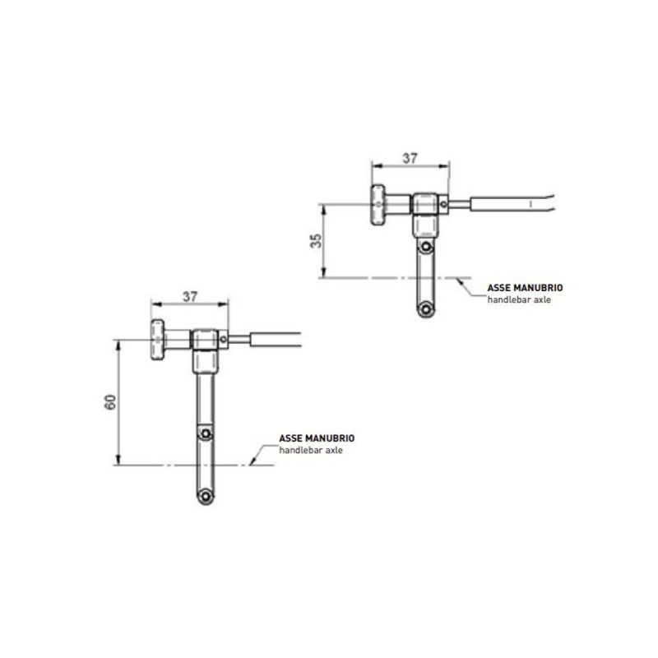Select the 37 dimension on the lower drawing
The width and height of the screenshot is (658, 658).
click(x=190, y=297)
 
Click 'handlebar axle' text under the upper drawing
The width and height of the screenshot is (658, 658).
click(x=519, y=300)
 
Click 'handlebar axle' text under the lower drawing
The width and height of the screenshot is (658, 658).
click(x=311, y=452)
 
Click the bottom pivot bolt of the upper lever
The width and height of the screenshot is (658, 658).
click(x=425, y=308)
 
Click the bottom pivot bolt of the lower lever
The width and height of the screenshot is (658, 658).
click(x=206, y=495)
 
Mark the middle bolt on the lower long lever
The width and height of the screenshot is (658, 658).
click(x=206, y=433)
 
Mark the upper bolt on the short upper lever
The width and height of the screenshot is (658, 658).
click(x=425, y=247)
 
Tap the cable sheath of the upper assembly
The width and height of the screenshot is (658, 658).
click(x=510, y=202)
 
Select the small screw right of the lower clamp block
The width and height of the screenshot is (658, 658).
click(x=225, y=338)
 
